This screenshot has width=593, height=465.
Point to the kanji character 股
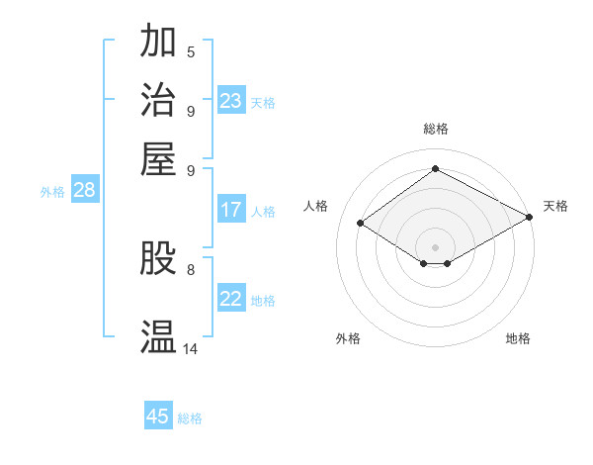point(159,258)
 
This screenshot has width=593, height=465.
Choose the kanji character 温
point(159,336)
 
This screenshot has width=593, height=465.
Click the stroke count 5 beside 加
point(191,51)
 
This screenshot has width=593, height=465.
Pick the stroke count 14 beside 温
point(191,348)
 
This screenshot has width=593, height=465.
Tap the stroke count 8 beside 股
point(191,268)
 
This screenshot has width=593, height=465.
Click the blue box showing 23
point(231,101)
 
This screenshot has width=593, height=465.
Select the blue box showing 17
point(231,210)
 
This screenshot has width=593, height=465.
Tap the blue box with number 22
point(231,299)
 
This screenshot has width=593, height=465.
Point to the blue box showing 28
point(84,191)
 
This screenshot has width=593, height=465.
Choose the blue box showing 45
point(158,417)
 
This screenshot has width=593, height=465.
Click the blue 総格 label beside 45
point(190,418)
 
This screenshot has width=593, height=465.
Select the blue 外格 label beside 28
point(52,193)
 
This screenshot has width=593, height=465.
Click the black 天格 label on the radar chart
point(555,206)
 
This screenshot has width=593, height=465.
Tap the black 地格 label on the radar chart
point(518,338)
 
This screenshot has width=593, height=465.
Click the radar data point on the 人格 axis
point(360,224)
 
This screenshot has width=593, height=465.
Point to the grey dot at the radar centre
point(435,246)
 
